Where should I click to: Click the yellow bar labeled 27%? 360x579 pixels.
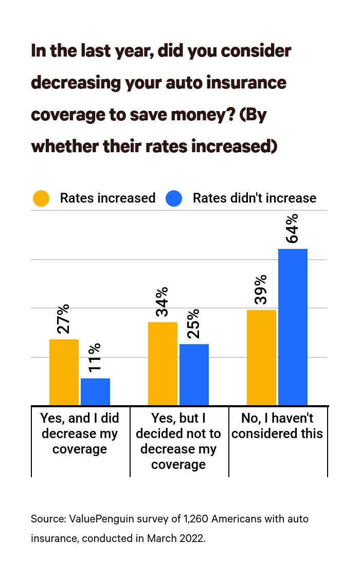point(64,372)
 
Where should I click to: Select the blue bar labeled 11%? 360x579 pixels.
point(95,391)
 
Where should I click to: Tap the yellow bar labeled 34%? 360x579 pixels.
point(163,363)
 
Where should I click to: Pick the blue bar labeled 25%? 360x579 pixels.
point(194,374)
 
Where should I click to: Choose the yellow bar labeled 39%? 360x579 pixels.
point(261,357)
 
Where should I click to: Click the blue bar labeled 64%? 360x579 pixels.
point(293,327)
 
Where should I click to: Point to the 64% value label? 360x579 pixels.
point(292,228)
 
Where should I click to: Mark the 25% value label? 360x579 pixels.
point(193,323)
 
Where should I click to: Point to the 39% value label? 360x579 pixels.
point(260,289)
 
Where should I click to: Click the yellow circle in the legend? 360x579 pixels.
point(41,198)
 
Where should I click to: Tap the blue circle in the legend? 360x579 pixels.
point(174,198)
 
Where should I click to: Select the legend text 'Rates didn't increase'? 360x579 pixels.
point(254,198)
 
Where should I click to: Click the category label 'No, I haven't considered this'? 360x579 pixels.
point(277,426)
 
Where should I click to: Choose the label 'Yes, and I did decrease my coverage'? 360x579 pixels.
point(80,433)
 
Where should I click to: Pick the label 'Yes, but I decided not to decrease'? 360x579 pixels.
point(178,441)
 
